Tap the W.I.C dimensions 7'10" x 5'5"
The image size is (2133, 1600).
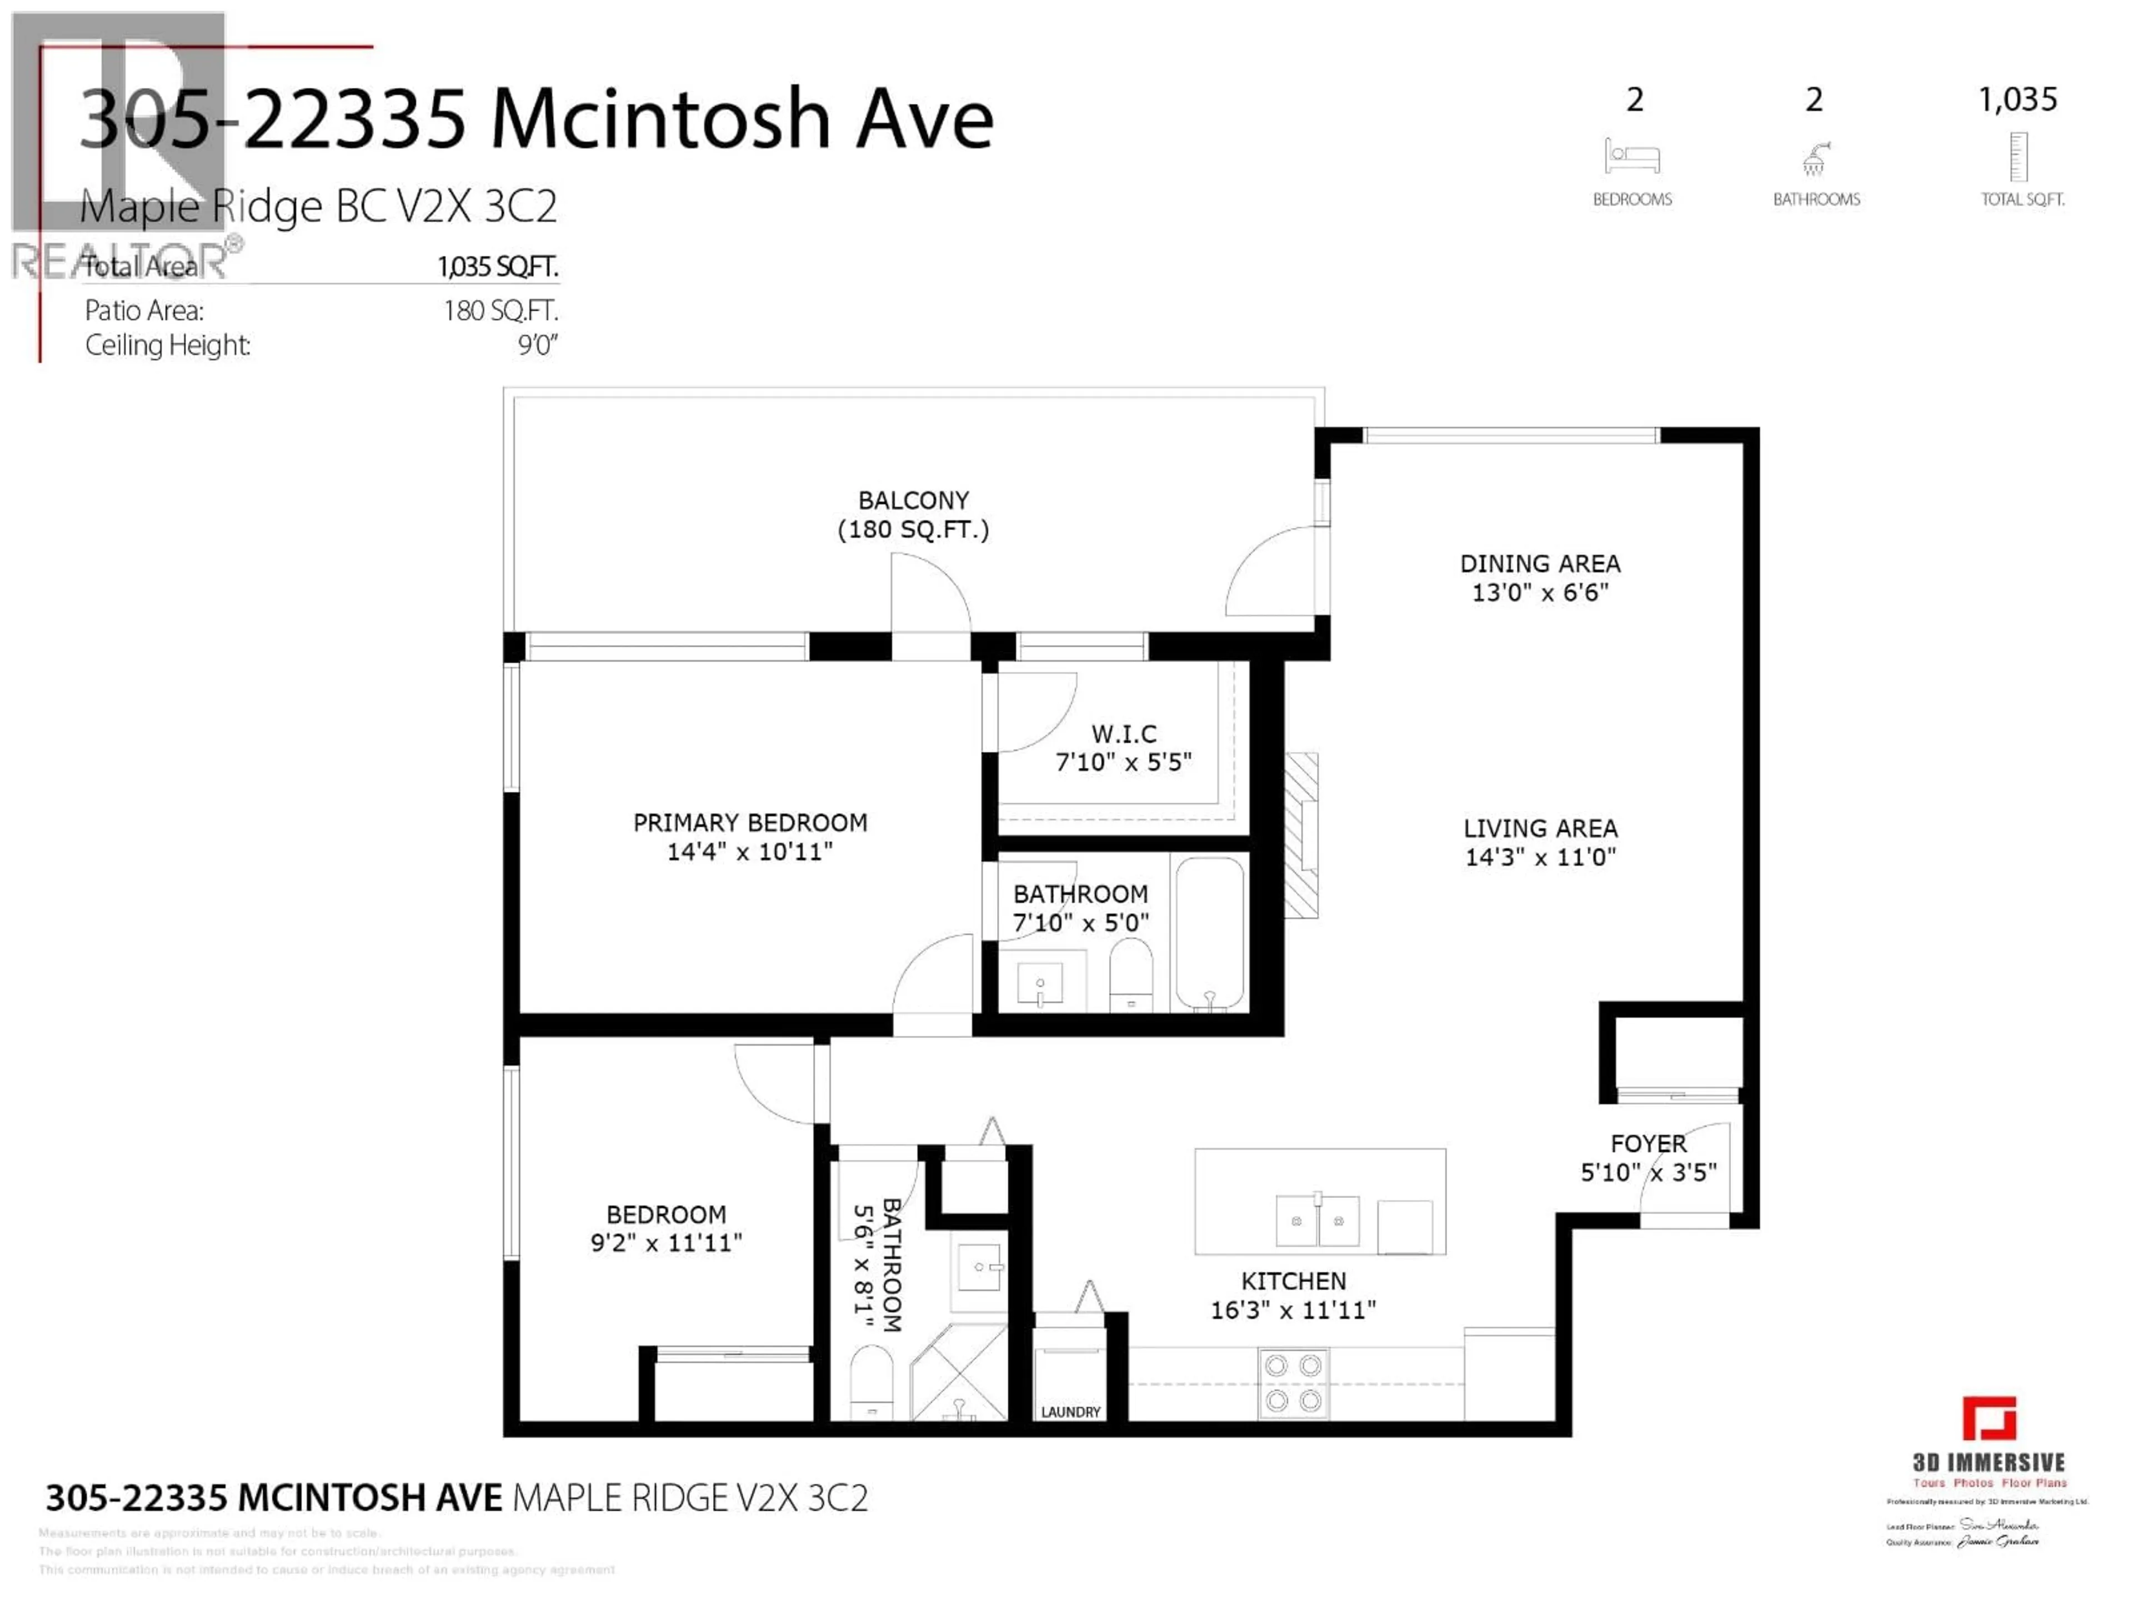point(1123,762)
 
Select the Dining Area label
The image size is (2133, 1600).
point(1539,563)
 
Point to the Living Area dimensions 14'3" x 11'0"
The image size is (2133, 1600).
point(1540,857)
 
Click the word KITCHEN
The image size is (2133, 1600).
point(1293,1281)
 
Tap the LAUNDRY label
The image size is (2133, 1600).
point(1070,1411)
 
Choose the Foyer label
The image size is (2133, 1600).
point(1648,1143)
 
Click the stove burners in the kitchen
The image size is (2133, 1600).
point(1293,1382)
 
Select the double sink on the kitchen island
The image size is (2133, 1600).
point(1316,1221)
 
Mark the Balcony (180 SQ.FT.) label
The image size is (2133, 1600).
point(913,514)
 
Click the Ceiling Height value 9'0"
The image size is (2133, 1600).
point(537,344)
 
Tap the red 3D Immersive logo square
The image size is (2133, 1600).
point(1989,1418)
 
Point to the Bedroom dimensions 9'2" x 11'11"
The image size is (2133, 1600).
point(667,1242)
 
